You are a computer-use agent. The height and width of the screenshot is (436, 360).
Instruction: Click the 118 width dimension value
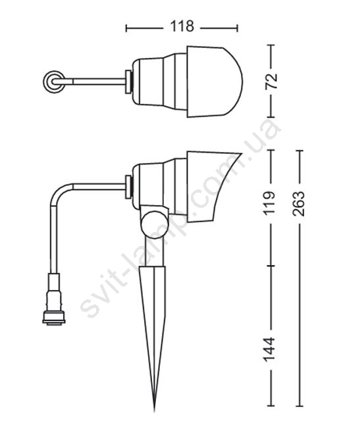click(182, 26)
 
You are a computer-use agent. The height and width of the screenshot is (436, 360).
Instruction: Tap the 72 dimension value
click(271, 81)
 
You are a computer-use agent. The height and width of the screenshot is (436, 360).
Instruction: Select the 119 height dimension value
click(269, 202)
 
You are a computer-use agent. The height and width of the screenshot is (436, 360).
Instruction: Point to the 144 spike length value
click(269, 349)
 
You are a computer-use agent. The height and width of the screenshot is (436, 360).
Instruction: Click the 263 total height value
click(299, 203)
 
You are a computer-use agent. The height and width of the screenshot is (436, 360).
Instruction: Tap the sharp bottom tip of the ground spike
click(155, 410)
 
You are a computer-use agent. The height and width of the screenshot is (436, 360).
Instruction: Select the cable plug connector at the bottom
click(54, 299)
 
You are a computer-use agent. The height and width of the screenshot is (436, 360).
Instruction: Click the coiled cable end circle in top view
click(54, 82)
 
